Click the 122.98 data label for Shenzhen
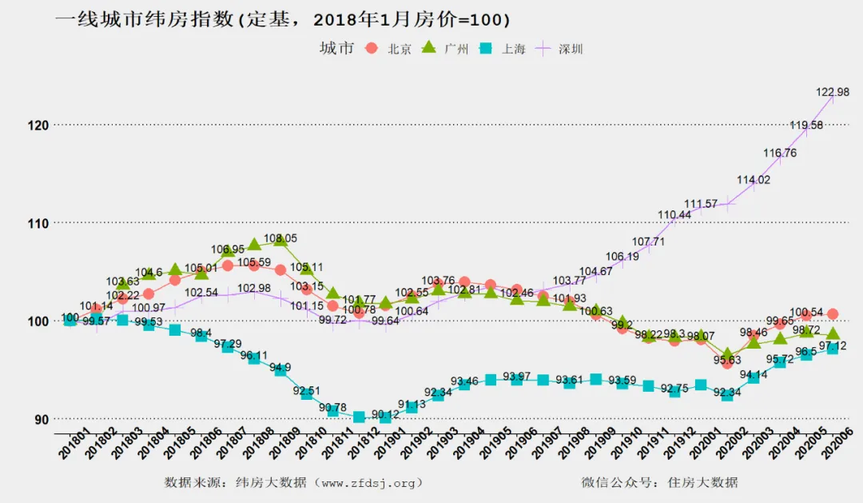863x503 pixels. pos(832,93)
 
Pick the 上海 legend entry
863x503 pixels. pos(503,49)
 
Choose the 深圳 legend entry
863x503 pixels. pos(560,49)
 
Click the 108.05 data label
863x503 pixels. pos(280,238)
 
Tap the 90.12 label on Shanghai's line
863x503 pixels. pos(385,414)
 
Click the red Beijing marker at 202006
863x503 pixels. pos(832,314)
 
